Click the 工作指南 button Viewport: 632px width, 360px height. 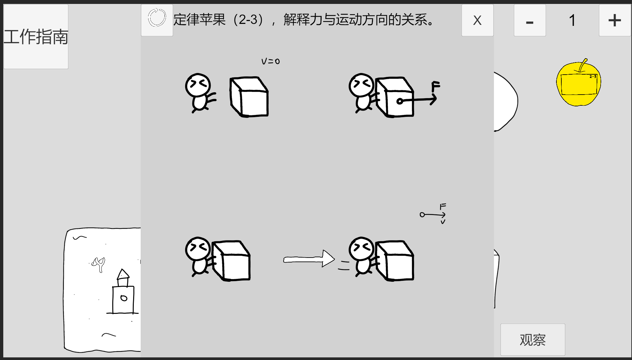tap(36, 36)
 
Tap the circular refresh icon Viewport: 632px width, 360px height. tap(157, 18)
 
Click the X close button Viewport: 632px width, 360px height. tap(477, 20)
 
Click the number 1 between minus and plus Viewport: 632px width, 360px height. tap(572, 20)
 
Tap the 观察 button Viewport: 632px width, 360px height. tap(533, 340)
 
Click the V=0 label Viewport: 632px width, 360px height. tap(271, 61)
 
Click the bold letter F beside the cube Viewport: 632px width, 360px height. tap(435, 86)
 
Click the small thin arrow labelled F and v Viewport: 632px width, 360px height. tap(433, 215)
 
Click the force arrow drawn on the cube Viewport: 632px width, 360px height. tap(417, 100)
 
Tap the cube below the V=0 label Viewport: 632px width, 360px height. tap(249, 97)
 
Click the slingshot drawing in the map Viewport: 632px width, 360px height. tap(98, 264)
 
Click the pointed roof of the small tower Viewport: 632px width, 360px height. tap(123, 274)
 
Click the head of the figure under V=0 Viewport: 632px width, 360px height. tap(198, 85)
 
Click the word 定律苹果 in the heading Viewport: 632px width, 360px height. tap(199, 20)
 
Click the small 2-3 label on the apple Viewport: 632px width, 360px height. tap(593, 77)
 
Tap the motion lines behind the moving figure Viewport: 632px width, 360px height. tap(344, 265)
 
